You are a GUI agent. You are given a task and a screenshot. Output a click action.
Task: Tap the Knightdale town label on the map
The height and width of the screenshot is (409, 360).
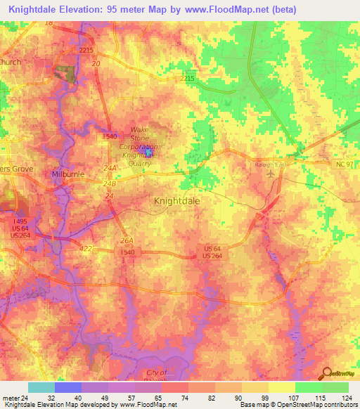[176, 200]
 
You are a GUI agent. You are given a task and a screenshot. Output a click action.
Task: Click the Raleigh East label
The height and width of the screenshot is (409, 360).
[272, 163]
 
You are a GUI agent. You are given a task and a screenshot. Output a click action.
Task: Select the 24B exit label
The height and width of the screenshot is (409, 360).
[108, 184]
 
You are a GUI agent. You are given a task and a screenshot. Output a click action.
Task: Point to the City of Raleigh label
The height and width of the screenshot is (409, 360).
[157, 372]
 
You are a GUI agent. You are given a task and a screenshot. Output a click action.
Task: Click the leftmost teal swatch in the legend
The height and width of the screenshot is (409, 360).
[41, 387]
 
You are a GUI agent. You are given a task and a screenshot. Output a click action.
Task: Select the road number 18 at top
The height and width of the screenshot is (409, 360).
[48, 23]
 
